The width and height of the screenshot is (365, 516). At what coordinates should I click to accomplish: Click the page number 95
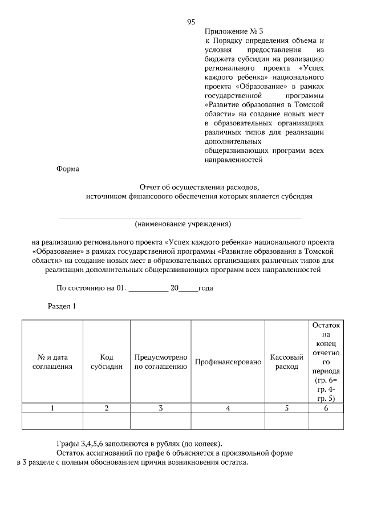(191, 22)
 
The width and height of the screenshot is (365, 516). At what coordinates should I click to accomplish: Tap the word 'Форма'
(68, 169)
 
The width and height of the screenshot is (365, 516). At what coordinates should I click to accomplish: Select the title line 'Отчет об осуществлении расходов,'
(199, 186)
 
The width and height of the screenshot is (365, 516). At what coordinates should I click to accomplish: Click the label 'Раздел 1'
(62, 306)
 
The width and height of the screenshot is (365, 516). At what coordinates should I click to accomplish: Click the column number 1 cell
(52, 408)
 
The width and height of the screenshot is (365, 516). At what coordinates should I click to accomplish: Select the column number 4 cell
(228, 408)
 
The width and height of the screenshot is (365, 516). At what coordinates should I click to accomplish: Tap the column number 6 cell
(326, 408)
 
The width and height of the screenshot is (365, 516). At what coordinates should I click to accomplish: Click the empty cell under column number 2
(107, 421)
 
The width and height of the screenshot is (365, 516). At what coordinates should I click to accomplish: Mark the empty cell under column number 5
(286, 421)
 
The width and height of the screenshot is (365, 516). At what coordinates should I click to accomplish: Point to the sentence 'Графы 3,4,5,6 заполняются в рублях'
(140, 444)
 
